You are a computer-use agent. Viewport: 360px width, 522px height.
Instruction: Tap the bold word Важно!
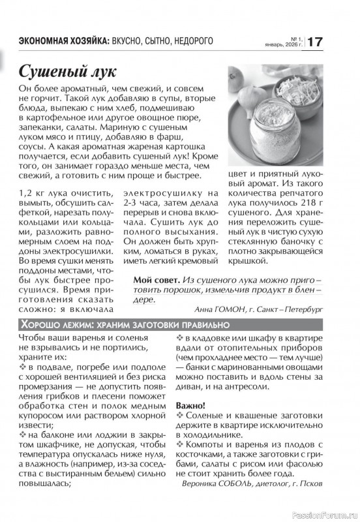pos(192,405)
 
